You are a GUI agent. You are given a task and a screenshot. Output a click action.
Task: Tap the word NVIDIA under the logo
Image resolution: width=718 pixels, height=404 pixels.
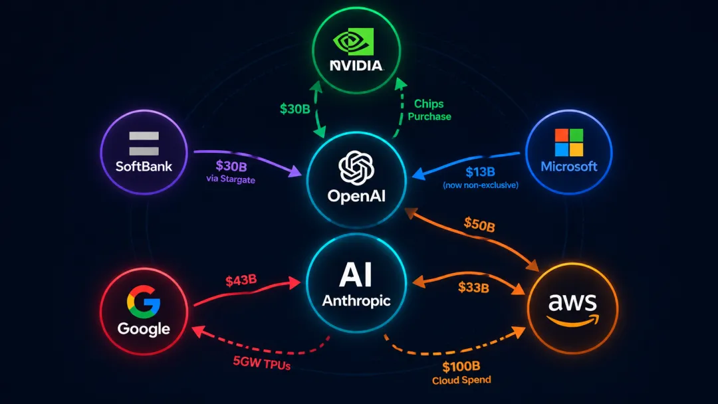coord(356,66)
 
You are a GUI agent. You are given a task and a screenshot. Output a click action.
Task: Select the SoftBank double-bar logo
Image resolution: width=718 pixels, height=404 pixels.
coord(144,144)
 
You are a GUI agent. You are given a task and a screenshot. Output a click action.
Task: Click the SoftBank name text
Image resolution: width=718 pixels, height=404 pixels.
coord(144,166)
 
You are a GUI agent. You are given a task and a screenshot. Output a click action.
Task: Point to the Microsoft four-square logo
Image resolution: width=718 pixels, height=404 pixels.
coord(568,142)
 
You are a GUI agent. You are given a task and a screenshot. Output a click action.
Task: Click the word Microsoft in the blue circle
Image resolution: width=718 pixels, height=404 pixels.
coord(568,166)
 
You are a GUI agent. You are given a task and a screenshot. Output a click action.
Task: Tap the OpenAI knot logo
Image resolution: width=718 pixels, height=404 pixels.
coord(356,167)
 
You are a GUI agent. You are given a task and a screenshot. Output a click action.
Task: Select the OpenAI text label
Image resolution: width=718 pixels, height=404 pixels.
coord(356,196)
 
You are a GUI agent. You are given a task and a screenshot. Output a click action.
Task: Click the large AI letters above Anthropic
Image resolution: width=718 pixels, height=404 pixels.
coord(355,274)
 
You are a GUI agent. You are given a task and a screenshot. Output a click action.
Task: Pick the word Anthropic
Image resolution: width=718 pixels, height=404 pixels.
coord(356,300)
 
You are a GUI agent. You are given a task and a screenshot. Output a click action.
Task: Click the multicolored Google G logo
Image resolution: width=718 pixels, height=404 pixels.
coord(144,302)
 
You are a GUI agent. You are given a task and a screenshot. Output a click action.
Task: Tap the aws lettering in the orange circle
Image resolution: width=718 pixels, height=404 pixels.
coord(572,302)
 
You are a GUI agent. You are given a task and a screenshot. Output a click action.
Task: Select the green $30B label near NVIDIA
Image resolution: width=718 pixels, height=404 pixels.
coord(295,109)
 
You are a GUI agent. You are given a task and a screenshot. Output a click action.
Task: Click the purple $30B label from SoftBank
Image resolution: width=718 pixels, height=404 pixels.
coord(231,165)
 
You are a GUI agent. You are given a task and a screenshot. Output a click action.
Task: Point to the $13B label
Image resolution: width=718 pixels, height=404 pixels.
coord(481,172)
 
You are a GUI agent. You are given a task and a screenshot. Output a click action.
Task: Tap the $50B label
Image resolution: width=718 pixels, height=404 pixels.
coord(479,225)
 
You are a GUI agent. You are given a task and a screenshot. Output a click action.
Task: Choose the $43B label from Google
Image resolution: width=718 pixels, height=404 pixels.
coord(241,280)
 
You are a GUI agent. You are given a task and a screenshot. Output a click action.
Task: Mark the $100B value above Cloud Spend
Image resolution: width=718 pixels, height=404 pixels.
coord(461,367)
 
